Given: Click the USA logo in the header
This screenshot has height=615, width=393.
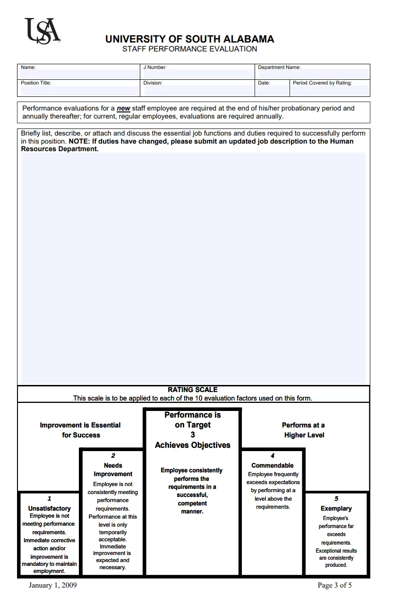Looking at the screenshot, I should pos(42,31).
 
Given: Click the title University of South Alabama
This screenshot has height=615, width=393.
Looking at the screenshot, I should pos(189,39).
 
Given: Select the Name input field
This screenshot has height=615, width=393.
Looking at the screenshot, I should pos(79,74).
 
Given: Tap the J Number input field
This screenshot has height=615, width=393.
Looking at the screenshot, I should pos(198,74).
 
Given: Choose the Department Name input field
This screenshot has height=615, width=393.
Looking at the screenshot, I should pos(313,74).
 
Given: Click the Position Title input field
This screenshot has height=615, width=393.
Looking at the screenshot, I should pos(79,91).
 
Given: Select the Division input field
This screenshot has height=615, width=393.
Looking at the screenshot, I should pos(198,91).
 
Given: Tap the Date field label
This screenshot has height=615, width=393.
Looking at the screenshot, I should pos(264,83).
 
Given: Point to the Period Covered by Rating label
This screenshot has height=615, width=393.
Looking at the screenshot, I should pos(322,83).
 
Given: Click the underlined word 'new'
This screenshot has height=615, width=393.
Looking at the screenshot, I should pos(123,108).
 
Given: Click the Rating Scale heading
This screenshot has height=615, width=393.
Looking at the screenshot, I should pos(193,390).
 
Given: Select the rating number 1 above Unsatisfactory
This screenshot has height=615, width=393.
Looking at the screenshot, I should pos(50,499).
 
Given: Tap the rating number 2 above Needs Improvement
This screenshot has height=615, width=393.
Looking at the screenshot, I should pos(113,456).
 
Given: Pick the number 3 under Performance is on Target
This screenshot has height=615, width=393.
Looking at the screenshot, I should pos(193,435).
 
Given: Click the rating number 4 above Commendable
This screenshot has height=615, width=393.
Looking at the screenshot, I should pos(273,456).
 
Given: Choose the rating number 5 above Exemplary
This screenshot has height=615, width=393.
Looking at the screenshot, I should pos(336,499).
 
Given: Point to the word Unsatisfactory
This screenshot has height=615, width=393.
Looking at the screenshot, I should pos(50,508).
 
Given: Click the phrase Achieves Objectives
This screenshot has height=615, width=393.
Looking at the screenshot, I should pos(193,445).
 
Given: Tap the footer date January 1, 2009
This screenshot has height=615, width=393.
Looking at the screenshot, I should pos(52,586).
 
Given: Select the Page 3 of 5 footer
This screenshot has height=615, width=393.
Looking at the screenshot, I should pos(334,586).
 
